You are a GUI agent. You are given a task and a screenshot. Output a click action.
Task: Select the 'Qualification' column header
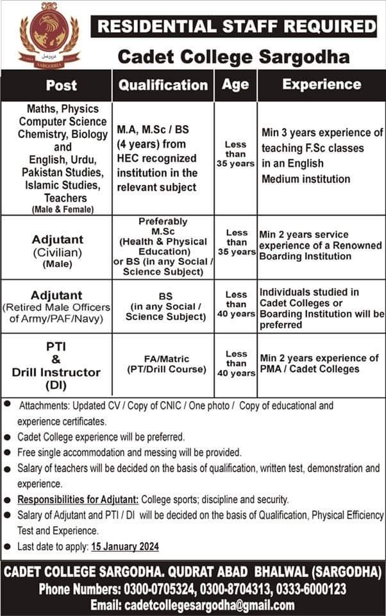(x=164, y=85)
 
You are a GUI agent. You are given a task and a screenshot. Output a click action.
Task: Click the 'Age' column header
(x=235, y=84)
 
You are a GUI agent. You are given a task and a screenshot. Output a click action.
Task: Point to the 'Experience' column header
(x=321, y=84)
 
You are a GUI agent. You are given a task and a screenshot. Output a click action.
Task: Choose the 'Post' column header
(x=62, y=85)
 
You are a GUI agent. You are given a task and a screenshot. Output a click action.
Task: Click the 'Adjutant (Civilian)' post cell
(x=57, y=250)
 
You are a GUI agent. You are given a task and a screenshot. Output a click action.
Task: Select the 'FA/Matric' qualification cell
(x=163, y=364)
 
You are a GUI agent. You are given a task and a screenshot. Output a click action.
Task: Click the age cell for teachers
(x=235, y=154)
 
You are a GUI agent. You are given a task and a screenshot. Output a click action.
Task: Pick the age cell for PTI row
(x=236, y=363)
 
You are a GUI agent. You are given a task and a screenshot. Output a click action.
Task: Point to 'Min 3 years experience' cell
(x=322, y=156)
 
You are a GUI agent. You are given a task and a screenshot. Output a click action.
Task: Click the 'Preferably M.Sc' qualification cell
(x=163, y=246)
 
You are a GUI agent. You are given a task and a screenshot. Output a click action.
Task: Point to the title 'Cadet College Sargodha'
(x=233, y=57)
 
